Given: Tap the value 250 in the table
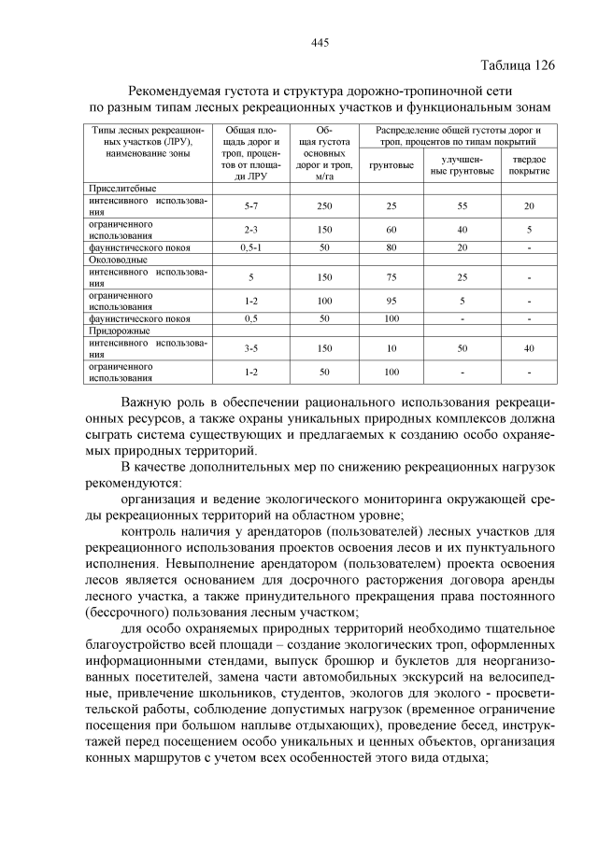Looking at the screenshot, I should point(324,205).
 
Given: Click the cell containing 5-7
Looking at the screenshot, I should point(250,205).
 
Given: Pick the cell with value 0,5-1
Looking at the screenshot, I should point(250,247).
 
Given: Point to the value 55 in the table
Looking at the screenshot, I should point(461,205).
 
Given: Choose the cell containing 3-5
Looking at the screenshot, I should point(250,348).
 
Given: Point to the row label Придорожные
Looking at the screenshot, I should point(120,331).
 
